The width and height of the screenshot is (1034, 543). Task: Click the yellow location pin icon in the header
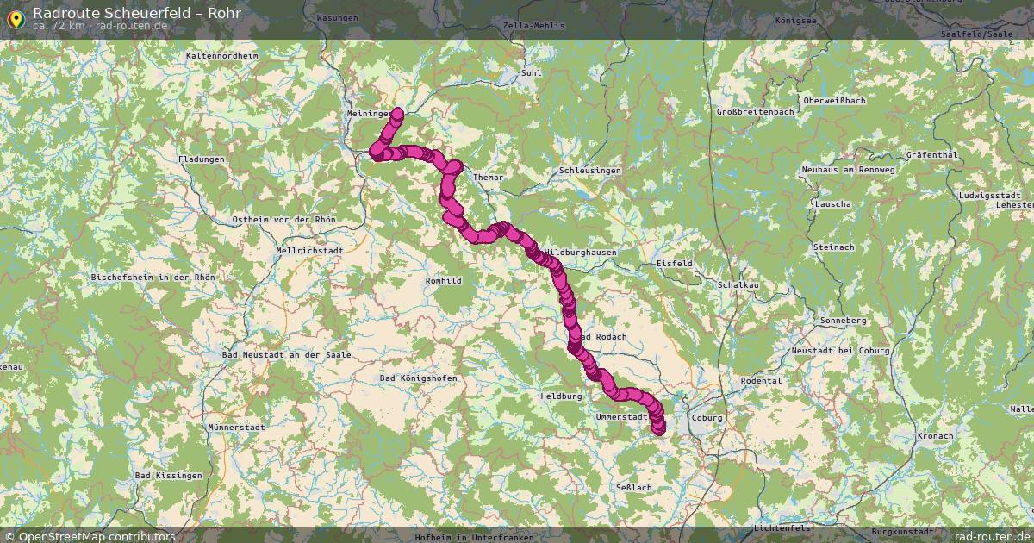click(16, 18)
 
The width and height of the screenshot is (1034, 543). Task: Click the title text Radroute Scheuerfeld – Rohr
click(137, 13)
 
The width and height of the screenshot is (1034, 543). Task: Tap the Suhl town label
click(531, 72)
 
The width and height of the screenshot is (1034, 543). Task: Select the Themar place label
click(488, 177)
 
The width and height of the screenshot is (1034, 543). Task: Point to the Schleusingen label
click(590, 171)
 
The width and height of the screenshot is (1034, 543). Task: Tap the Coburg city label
click(707, 418)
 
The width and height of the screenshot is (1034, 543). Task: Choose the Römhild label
click(444, 280)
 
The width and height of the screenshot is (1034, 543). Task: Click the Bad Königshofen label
click(419, 378)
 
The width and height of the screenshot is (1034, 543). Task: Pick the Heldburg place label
click(562, 396)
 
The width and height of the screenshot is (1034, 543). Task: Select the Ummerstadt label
click(621, 417)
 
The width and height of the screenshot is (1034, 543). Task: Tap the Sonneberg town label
click(843, 321)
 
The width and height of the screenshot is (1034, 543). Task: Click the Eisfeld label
click(674, 263)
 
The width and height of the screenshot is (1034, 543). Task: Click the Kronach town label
click(935, 436)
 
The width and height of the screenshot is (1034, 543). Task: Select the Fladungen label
click(201, 159)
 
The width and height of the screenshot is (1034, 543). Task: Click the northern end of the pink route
click(398, 112)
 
